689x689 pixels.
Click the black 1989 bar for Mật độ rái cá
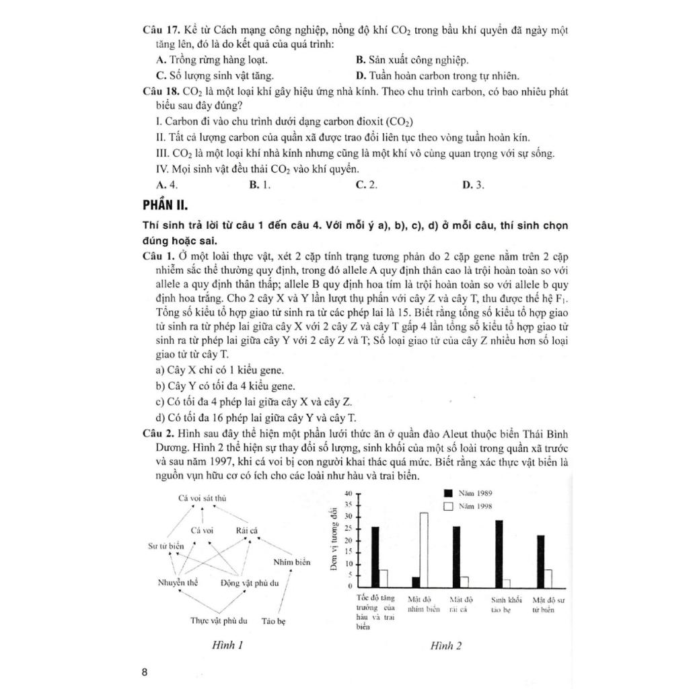tap(457, 556)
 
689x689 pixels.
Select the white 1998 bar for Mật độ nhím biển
tap(424, 549)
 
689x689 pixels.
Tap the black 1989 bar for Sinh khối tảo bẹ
tap(499, 553)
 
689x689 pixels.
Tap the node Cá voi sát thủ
tap(203, 499)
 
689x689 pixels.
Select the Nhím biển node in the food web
tap(290, 561)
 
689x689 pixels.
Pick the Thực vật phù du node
tap(219, 620)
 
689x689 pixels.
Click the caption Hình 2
tap(446, 646)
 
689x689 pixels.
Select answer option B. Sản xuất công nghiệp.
tap(412, 59)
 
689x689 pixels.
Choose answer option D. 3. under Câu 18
tap(474, 184)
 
